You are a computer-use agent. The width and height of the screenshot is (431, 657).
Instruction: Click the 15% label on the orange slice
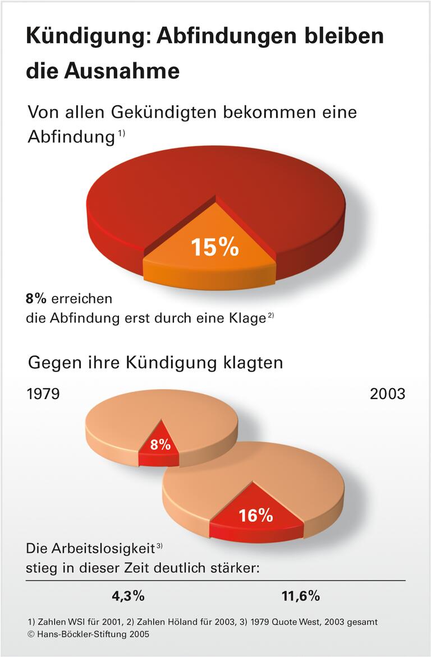tap(214, 247)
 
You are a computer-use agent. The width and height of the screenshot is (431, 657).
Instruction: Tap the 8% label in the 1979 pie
tap(160, 445)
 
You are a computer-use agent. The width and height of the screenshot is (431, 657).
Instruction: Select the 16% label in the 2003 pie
tap(255, 515)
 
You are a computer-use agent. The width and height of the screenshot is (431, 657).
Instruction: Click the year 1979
tap(43, 394)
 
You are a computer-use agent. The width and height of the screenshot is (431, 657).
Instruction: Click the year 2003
tap(387, 394)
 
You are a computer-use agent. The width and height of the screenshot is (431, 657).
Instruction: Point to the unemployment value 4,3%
tap(128, 596)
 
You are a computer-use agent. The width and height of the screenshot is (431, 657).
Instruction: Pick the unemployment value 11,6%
tap(300, 596)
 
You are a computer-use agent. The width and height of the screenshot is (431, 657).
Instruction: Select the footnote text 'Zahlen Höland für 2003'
tap(182, 622)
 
